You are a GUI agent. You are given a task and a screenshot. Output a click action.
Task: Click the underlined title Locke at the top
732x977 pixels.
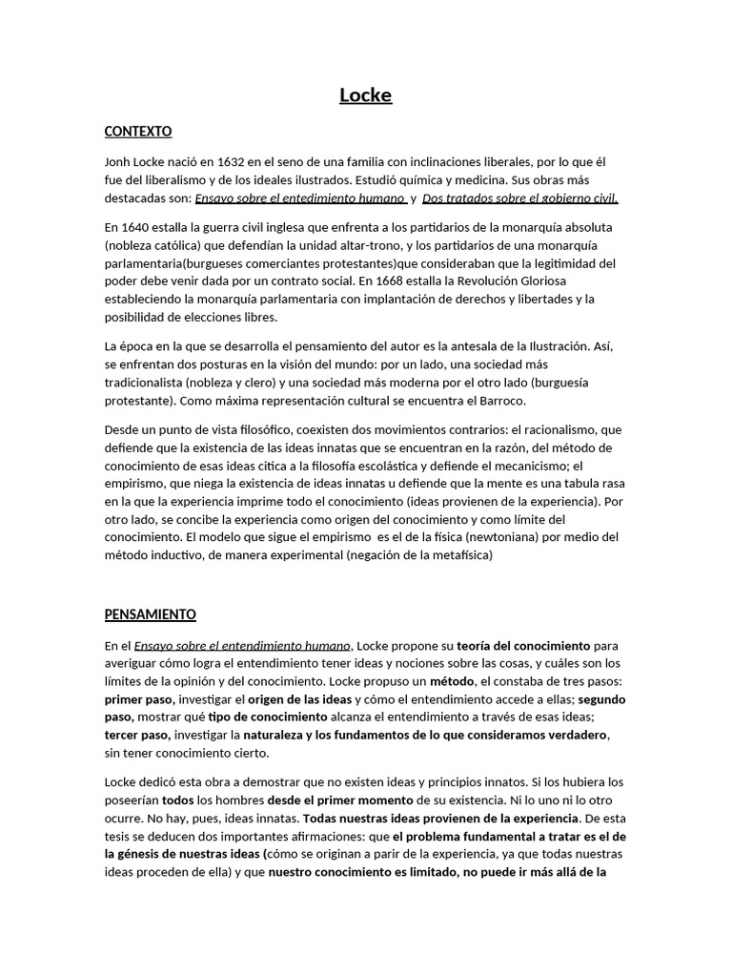coord(366,95)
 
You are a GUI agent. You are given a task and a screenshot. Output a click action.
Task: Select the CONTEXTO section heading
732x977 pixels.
coord(138,131)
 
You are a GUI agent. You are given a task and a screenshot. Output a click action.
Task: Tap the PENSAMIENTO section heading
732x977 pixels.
coord(150,614)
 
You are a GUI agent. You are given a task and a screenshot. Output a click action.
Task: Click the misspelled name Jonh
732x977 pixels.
coord(120,163)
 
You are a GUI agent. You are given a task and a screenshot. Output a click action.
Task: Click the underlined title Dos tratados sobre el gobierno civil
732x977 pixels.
coord(520,198)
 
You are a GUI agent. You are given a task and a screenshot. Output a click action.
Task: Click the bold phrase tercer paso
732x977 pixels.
coord(137,735)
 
